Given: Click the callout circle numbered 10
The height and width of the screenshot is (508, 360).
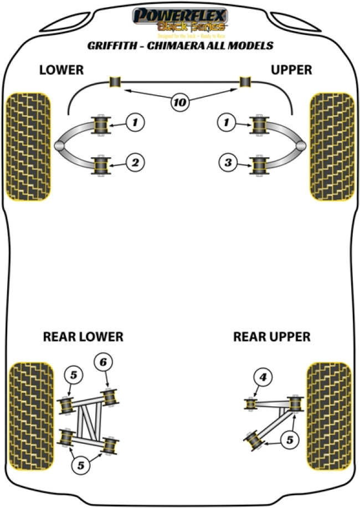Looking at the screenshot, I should (x=180, y=101).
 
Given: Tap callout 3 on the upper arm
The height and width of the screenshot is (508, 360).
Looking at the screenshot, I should (x=225, y=163).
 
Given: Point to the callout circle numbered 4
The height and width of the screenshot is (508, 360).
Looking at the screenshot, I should (x=263, y=378).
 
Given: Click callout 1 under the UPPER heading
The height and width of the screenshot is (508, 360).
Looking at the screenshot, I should (x=225, y=122).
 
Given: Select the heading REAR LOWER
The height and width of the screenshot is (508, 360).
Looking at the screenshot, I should (x=83, y=336).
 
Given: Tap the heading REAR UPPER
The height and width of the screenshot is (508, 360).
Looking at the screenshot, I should (x=271, y=336).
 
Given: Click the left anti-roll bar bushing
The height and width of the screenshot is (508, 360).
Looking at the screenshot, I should (x=116, y=82).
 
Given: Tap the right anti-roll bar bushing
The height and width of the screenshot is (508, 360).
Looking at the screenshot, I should (x=245, y=82).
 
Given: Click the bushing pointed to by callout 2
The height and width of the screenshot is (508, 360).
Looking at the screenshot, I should (x=101, y=164).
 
